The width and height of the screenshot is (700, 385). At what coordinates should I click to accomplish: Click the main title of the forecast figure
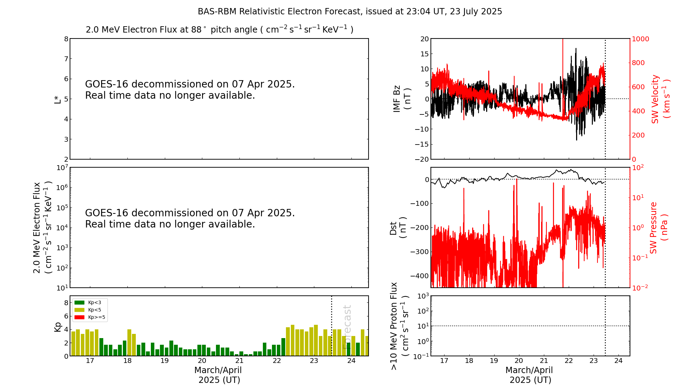click(350, 12)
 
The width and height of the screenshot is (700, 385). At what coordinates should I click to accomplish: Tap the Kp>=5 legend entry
click(90, 317)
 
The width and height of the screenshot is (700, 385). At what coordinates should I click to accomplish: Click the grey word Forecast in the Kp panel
click(347, 327)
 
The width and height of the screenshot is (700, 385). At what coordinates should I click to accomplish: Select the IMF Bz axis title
click(402, 99)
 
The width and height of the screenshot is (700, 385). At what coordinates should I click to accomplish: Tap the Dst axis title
click(398, 228)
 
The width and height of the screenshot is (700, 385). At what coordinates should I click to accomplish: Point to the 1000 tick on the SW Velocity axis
click(640, 39)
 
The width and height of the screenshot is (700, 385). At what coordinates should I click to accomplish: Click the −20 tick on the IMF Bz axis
click(421, 159)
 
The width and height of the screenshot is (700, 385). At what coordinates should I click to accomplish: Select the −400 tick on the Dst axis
click(419, 276)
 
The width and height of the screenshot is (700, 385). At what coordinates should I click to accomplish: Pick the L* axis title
click(57, 99)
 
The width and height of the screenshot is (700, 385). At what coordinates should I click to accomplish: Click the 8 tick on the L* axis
click(66, 39)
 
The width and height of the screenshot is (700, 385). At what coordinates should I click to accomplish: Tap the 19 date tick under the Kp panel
click(164, 361)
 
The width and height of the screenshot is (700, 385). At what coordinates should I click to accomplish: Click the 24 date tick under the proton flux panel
click(618, 361)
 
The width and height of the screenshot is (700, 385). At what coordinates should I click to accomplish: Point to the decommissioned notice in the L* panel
click(190, 90)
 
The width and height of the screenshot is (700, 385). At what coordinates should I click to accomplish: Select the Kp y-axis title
click(58, 327)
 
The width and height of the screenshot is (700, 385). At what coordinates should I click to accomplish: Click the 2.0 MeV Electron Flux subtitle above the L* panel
click(219, 29)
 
